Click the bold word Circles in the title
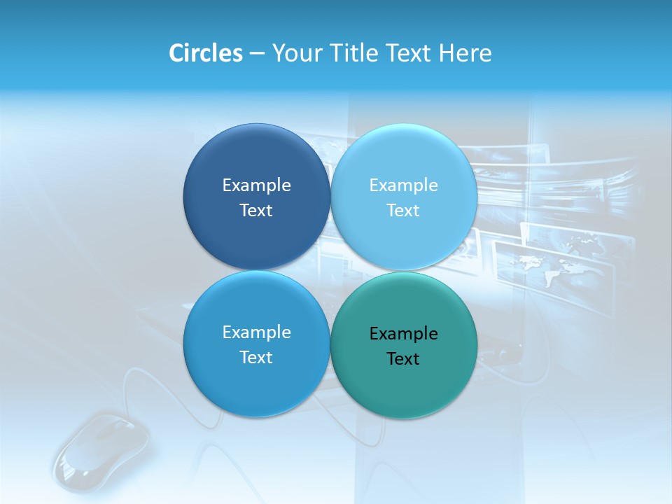[205, 53]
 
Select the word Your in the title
[297, 53]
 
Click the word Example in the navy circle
[256, 185]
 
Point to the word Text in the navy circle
[256, 210]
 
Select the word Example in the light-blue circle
[403, 185]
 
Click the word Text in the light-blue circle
[403, 210]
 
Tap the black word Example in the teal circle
[403, 334]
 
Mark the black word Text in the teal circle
[403, 359]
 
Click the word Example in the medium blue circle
[256, 332]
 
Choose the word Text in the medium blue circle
[256, 357]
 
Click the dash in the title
[256, 54]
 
